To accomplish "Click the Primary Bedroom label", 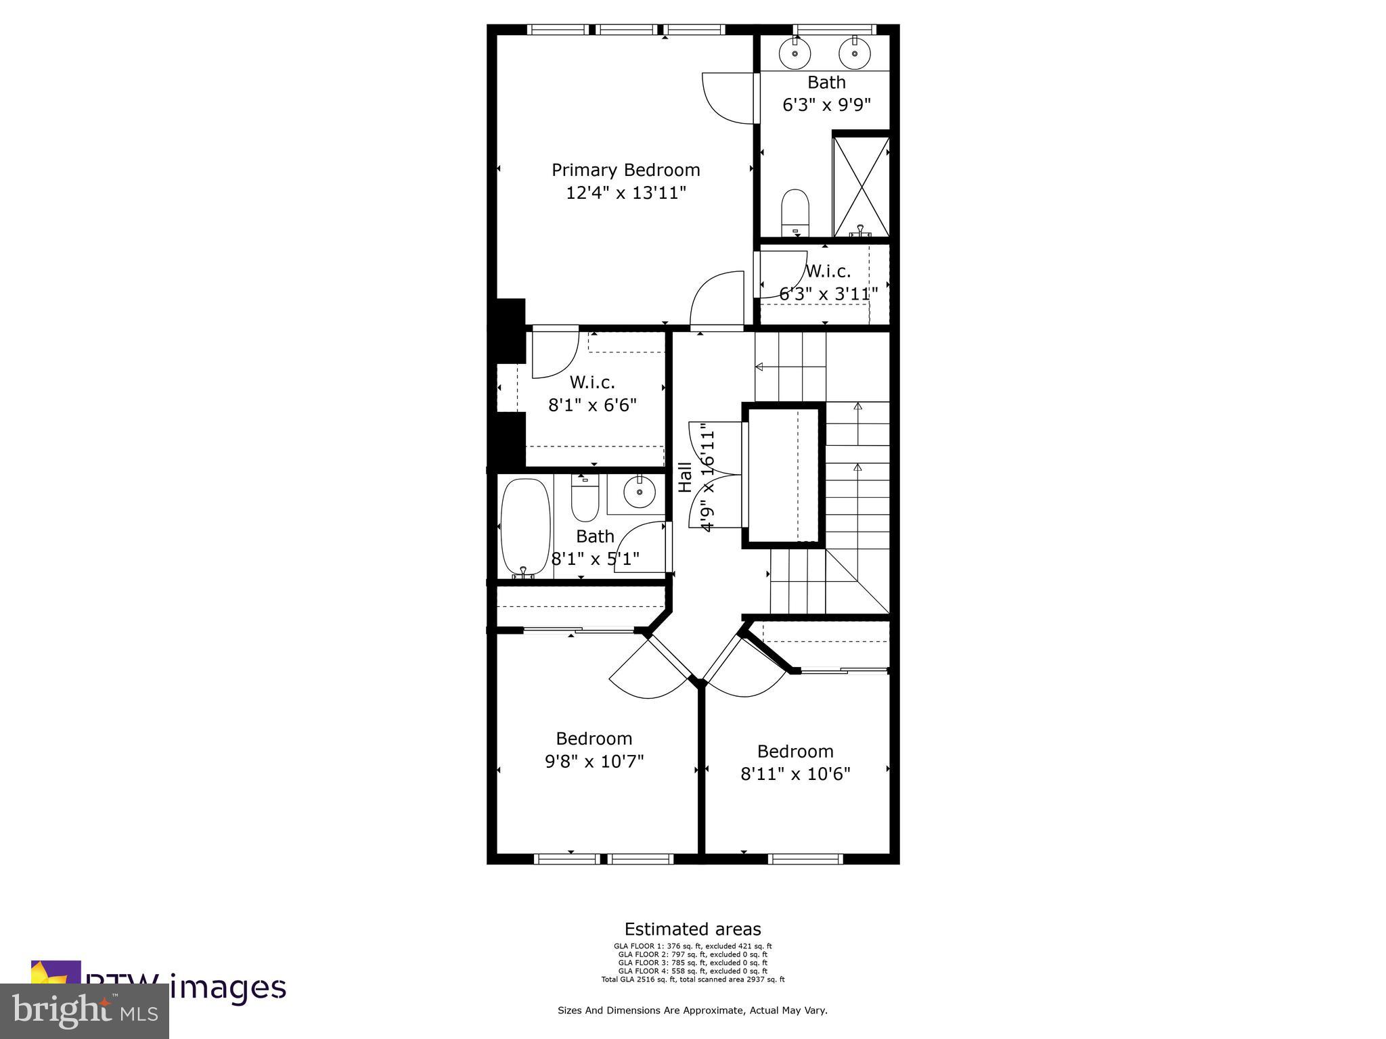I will tap(625, 170).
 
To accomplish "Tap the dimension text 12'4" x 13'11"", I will tap(625, 193).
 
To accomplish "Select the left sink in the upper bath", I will tap(795, 53).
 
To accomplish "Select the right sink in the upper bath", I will tap(854, 53).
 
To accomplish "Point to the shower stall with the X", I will tap(860, 186).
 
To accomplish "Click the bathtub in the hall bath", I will tap(525, 526).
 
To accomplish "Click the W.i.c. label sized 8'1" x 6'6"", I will tap(592, 382).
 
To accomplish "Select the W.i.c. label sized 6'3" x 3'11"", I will tap(828, 272).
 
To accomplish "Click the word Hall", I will tap(686, 477).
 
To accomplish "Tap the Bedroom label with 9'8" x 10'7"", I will tap(594, 738).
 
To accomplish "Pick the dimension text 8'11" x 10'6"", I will tap(795, 774).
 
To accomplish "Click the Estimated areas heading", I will tap(692, 929).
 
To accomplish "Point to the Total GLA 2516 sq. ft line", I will tap(692, 979).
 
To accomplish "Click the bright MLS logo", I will tap(85, 1011).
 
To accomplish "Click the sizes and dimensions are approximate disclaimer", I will tap(692, 1010).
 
